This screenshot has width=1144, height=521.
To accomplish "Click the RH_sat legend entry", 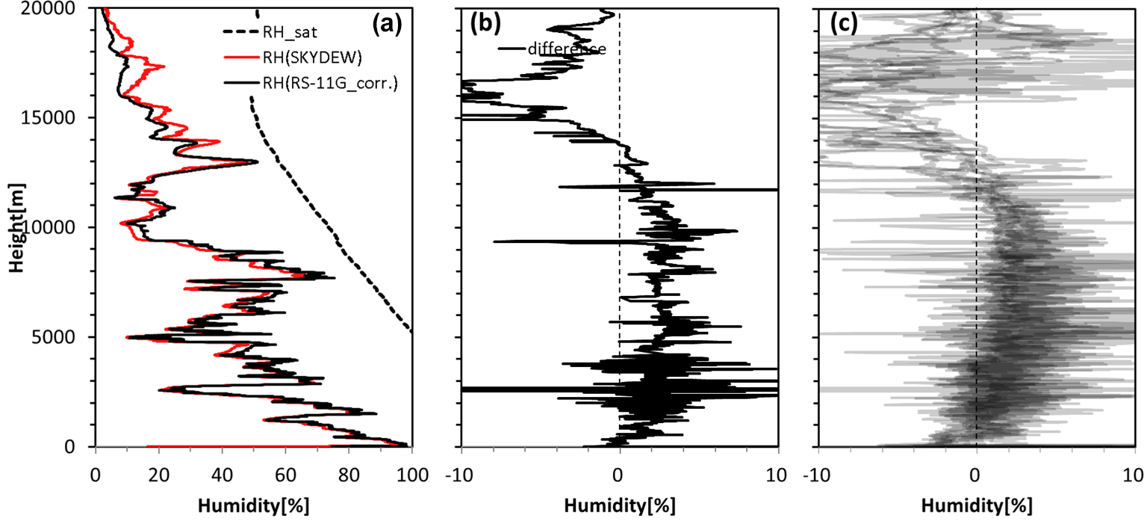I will pyautogui.click(x=282, y=31).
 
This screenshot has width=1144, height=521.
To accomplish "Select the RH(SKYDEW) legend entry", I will pyautogui.click(x=303, y=58).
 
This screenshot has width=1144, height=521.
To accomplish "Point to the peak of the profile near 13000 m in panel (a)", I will pyautogui.click(x=257, y=161).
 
